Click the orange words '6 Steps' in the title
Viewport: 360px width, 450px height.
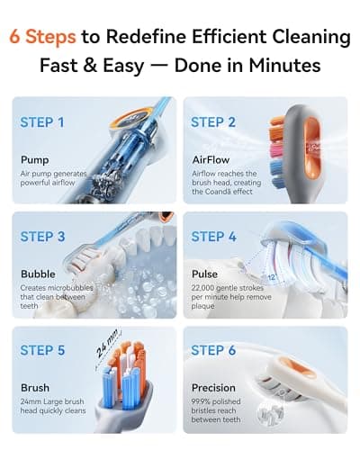tap(42, 37)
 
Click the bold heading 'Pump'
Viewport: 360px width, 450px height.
tap(35, 160)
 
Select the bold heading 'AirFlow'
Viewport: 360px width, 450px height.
tap(213, 160)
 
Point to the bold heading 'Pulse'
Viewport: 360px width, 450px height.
tap(205, 274)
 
